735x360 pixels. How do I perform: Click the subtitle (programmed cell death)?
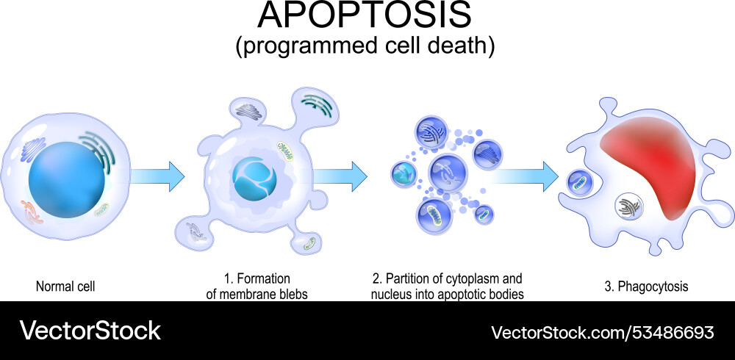point(365,46)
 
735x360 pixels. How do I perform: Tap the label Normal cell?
point(65,287)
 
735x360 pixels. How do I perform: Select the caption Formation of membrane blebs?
point(256,287)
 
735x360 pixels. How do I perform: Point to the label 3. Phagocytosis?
point(646,287)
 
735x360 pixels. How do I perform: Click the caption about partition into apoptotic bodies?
point(448,287)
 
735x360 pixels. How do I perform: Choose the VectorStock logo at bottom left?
point(90,331)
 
